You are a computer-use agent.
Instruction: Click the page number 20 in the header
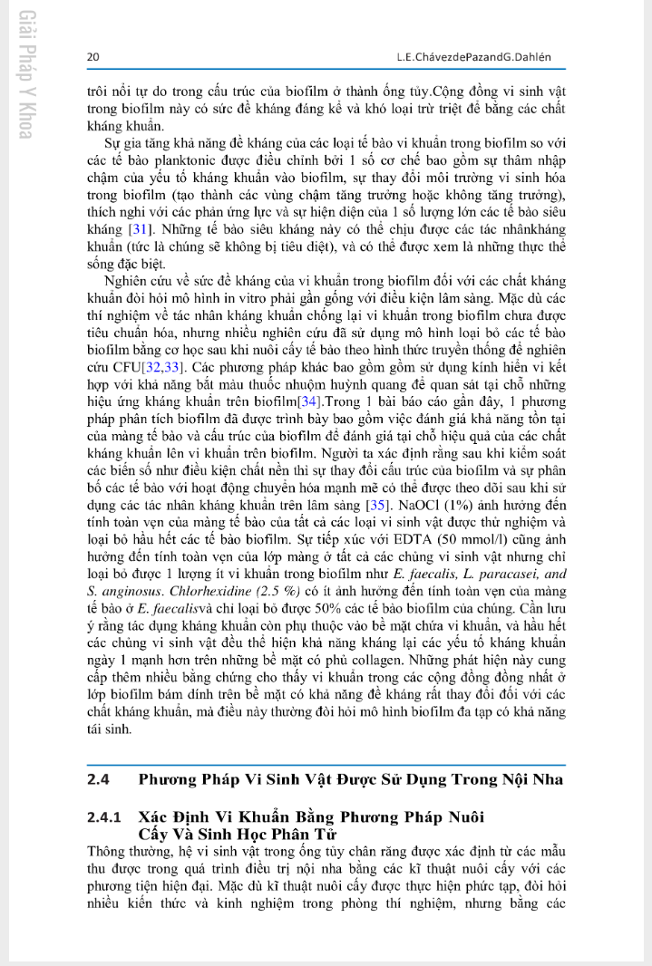[x=92, y=57]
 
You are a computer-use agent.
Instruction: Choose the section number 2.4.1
[x=105, y=818]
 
